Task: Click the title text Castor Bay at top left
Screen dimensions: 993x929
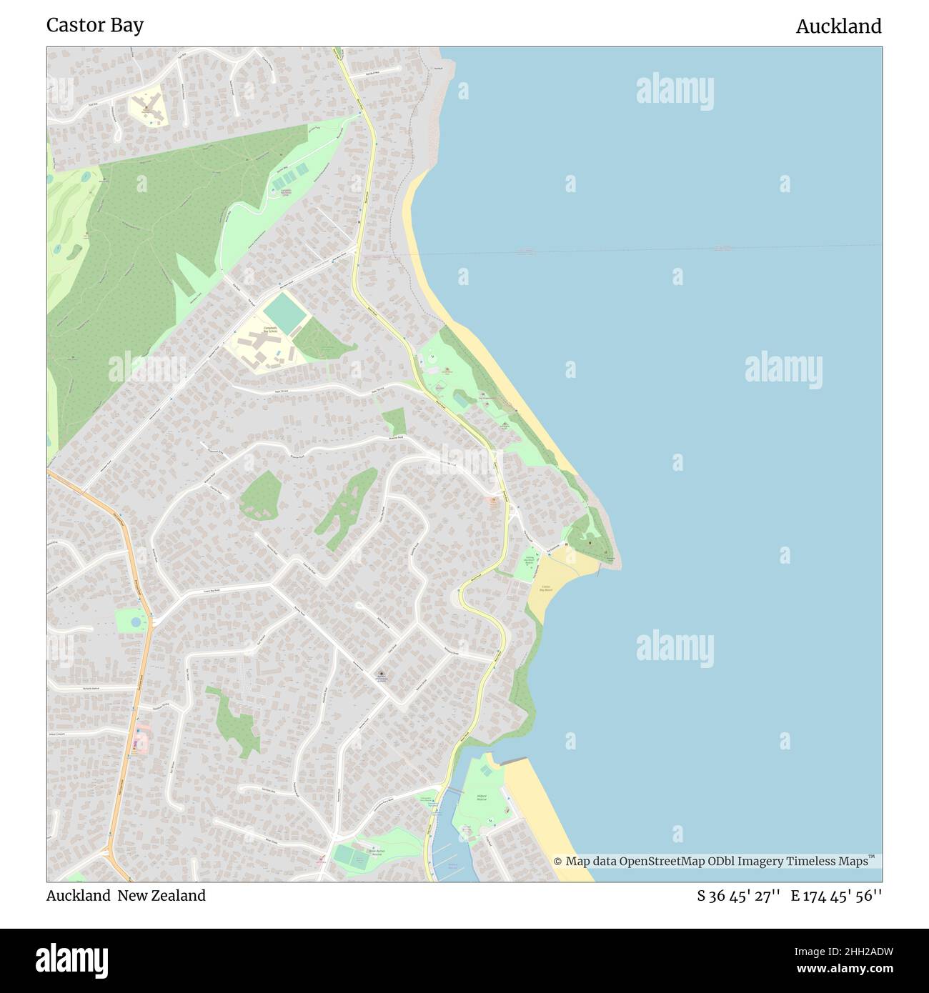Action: click(x=95, y=25)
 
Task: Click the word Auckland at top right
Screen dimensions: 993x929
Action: click(x=838, y=26)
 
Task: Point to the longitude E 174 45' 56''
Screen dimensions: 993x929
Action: click(x=836, y=896)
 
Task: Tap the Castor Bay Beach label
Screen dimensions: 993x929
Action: click(x=546, y=589)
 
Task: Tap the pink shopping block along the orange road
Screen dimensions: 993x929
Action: click(x=141, y=739)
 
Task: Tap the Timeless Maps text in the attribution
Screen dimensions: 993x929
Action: click(x=834, y=862)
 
